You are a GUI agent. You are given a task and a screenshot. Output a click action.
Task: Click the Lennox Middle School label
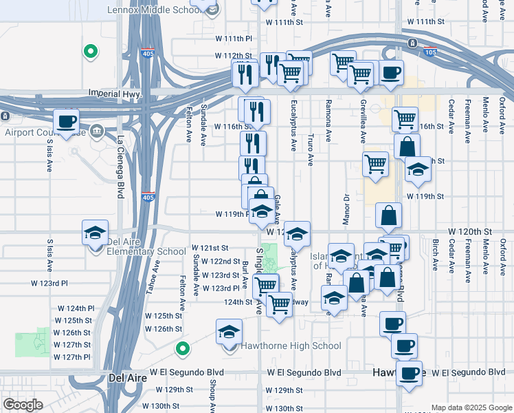156,10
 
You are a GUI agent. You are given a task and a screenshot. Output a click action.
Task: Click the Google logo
23,404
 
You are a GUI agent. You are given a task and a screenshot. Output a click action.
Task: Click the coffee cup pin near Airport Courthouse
67,122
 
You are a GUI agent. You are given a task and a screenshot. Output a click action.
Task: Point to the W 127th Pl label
72,357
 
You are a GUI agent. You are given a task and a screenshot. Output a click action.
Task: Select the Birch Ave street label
435,253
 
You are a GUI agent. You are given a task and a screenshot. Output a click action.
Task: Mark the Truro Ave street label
311,150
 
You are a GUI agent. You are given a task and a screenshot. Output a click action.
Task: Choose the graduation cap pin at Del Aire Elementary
96,232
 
